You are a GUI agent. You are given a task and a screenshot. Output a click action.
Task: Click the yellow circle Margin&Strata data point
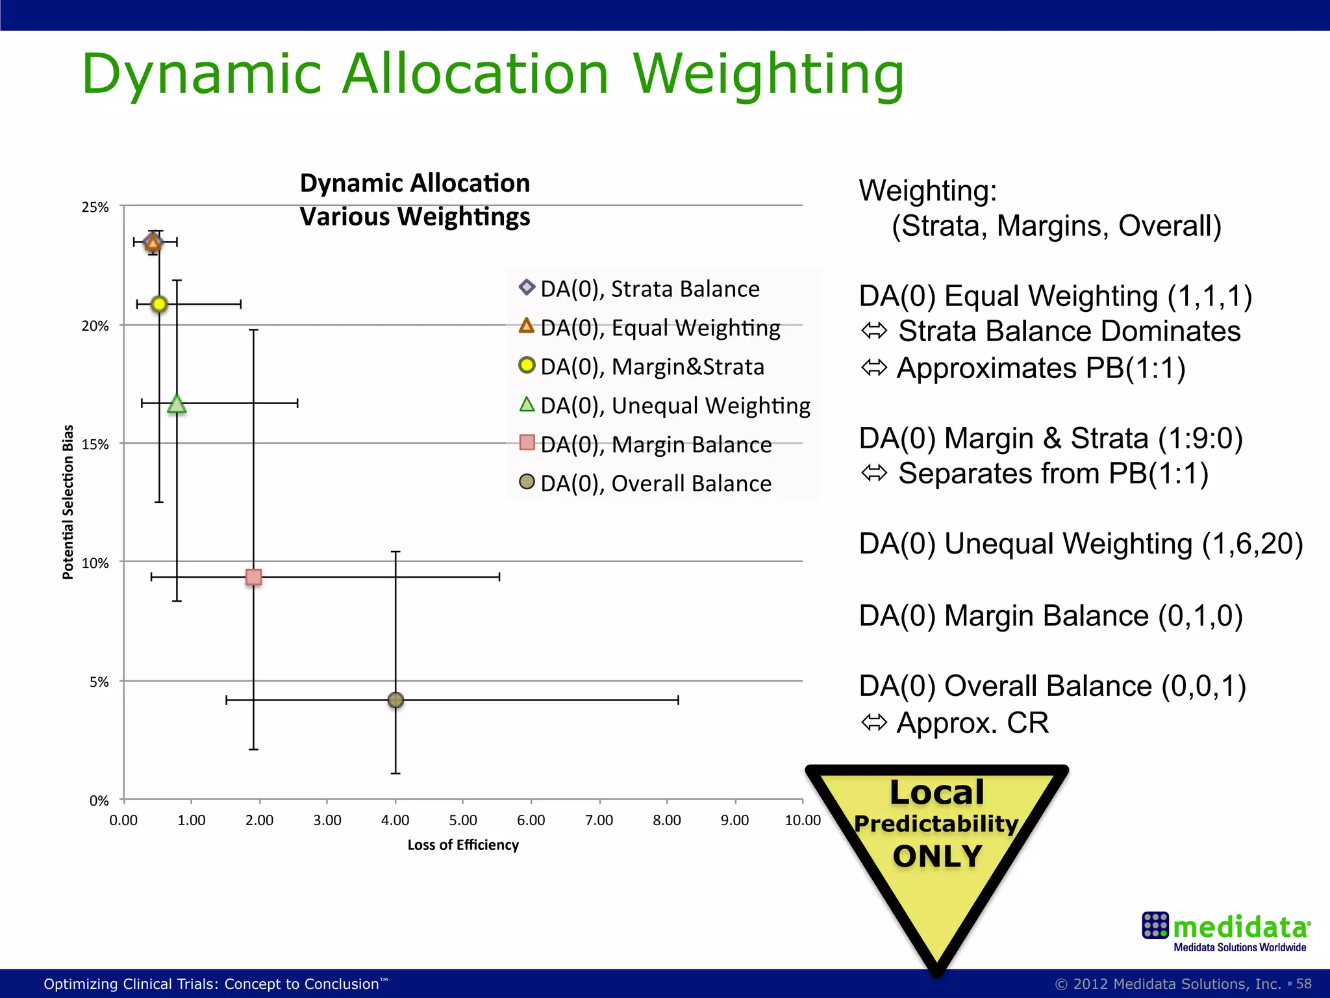(x=159, y=304)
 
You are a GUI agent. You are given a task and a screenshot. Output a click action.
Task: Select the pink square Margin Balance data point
(x=253, y=577)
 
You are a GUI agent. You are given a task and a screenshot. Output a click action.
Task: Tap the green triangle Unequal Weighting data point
(x=177, y=404)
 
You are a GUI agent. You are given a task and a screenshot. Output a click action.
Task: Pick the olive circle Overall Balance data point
(x=395, y=700)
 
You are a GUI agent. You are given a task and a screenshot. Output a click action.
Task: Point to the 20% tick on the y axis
(x=95, y=326)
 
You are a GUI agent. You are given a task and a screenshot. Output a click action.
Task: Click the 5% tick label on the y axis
(x=99, y=682)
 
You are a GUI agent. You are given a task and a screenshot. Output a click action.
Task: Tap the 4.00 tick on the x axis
(x=395, y=820)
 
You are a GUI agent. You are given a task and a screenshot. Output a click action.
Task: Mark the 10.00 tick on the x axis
(x=803, y=820)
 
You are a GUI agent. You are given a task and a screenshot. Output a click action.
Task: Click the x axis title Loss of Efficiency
(x=463, y=845)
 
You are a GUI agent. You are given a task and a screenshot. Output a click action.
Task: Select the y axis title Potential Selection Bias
(x=68, y=502)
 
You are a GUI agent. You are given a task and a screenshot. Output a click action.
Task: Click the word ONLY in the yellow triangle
(x=937, y=856)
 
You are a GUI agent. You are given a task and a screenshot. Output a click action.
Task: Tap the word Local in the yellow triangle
(x=937, y=792)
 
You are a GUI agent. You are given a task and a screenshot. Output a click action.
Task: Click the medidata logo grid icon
(x=1155, y=925)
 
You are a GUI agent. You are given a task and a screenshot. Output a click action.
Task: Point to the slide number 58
(x=1304, y=984)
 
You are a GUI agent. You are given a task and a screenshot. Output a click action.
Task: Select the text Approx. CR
(x=972, y=723)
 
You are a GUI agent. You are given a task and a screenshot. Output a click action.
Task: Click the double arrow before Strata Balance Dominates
(x=873, y=331)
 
